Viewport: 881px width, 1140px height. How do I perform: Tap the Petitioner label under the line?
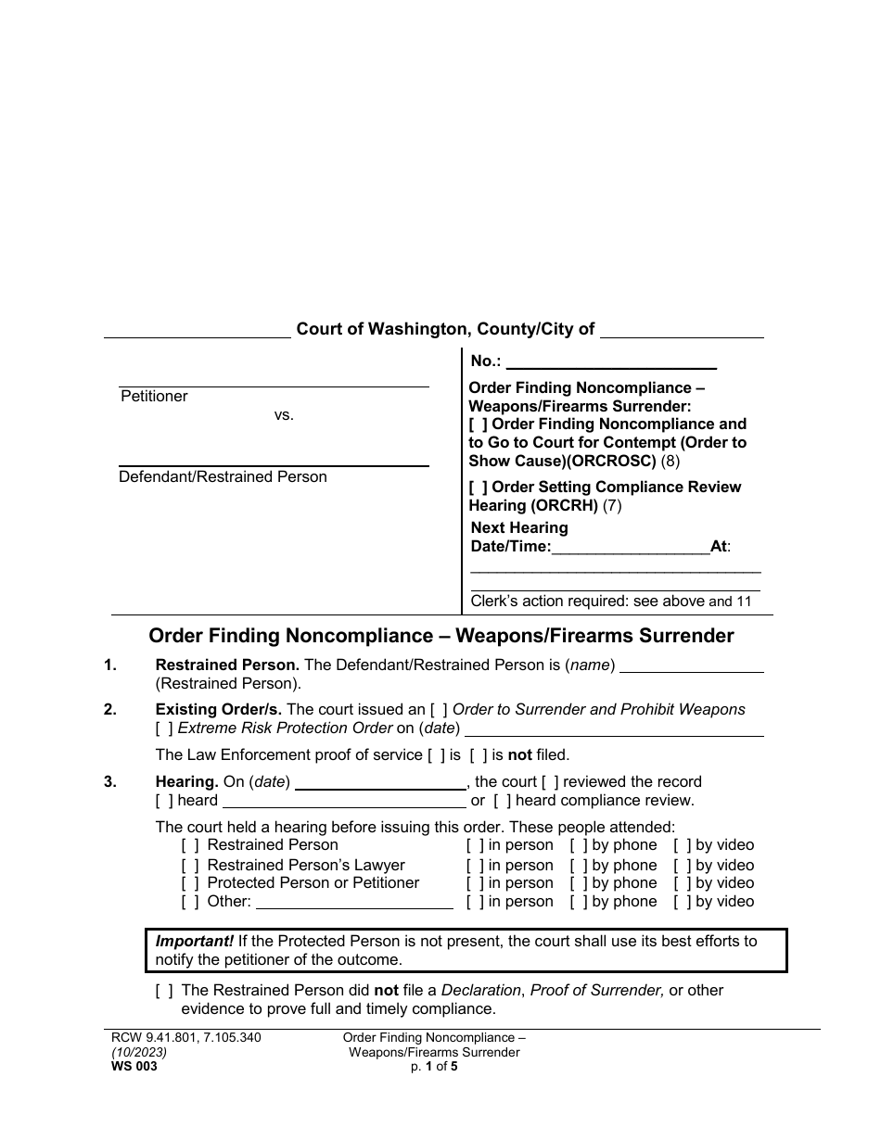tap(154, 397)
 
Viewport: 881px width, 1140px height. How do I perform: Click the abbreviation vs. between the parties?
tap(284, 415)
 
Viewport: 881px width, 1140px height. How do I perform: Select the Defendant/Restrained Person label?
tap(223, 477)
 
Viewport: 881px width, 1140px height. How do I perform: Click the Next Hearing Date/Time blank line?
tap(631, 547)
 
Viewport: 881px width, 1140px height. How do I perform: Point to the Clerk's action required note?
tap(610, 602)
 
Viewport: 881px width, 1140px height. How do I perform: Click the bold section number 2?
tap(110, 710)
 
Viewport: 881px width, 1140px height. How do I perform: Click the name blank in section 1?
tap(691, 665)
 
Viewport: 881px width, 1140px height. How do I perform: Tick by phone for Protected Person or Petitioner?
tap(579, 883)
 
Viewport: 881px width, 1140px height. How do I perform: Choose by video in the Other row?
tap(683, 902)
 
